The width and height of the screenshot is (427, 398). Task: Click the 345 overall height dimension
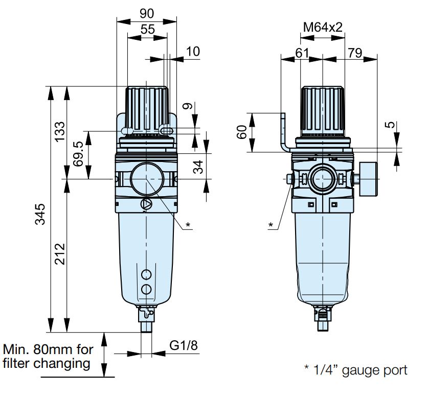click(40, 214)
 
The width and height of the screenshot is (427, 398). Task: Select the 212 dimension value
click(60, 254)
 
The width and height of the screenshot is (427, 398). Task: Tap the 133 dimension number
click(60, 131)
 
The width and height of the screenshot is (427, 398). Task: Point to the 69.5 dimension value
click(78, 154)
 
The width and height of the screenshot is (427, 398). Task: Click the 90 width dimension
click(147, 14)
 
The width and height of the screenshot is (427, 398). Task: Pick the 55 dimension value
click(148, 29)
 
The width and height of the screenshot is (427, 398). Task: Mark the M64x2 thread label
click(323, 27)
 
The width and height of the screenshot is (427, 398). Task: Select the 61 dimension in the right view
click(302, 53)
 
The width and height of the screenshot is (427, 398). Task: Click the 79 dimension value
click(355, 53)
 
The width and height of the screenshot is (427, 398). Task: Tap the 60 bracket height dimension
click(242, 132)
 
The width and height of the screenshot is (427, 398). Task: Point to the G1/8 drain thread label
click(184, 345)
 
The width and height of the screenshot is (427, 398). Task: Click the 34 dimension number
click(198, 167)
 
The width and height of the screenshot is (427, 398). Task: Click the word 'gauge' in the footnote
click(358, 371)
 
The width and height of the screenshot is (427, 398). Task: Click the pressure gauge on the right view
click(369, 179)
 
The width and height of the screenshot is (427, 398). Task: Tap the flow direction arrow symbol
click(146, 204)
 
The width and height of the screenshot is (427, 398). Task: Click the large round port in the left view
click(147, 179)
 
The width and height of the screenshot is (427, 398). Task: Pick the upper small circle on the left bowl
click(146, 274)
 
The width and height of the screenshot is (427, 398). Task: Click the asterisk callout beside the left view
click(188, 225)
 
